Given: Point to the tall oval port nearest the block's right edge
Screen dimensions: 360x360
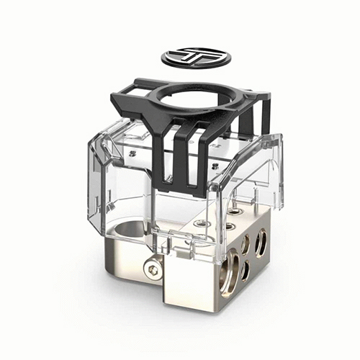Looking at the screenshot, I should tap(261, 243).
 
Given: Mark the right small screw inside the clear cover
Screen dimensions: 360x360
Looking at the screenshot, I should tap(214, 166).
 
